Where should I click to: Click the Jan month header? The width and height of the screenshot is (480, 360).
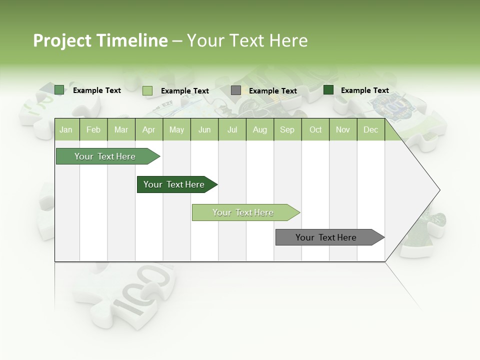coord(66,130)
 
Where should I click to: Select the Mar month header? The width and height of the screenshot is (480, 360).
coord(121,130)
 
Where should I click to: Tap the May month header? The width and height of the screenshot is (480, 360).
coord(176,130)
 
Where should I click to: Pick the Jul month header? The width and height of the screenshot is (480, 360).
coord(232,130)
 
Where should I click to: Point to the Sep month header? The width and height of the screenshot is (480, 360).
coord(287,130)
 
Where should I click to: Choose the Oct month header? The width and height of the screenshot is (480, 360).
coord(315,130)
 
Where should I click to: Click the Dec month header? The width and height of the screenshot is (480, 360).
coord(370,130)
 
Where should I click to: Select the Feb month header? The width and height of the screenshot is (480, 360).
coord(93,130)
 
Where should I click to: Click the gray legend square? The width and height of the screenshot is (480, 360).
coord(236,90)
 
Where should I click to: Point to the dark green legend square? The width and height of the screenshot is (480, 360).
coord(328,90)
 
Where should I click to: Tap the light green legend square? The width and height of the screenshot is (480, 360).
coord(147,90)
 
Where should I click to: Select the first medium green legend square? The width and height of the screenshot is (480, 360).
coord(59,90)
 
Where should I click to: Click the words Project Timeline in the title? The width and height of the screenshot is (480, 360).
coord(100,40)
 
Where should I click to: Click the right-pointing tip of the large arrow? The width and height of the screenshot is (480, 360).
coord(438,190)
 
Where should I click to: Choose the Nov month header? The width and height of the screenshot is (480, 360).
coord(343,130)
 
